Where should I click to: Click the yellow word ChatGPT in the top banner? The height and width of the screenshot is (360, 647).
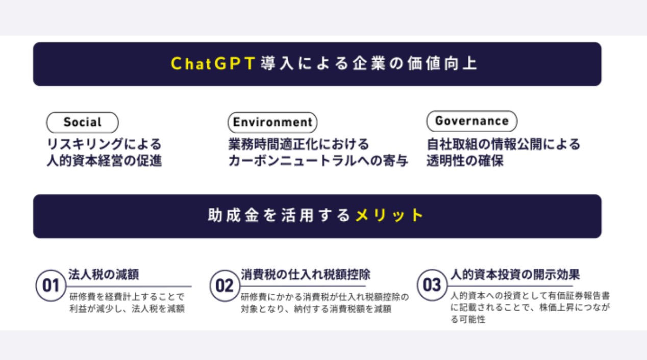(213, 64)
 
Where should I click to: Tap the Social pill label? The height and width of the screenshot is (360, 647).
(82, 122)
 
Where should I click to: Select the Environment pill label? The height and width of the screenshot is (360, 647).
(272, 122)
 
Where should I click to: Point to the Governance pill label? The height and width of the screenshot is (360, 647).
(471, 121)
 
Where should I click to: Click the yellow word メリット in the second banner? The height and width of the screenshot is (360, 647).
(389, 215)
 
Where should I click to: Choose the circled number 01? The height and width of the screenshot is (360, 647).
(51, 286)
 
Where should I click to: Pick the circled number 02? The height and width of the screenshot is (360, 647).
(225, 286)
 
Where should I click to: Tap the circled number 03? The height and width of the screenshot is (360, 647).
(432, 285)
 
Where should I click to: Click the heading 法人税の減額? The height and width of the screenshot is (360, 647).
(104, 274)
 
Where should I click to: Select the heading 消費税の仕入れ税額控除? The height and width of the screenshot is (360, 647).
(305, 274)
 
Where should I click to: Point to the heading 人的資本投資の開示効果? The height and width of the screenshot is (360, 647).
(515, 274)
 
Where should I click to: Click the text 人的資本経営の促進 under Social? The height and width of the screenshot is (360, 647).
(104, 161)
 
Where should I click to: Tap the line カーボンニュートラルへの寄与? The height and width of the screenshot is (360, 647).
(318, 161)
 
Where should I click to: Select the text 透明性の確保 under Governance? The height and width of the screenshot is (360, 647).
(465, 161)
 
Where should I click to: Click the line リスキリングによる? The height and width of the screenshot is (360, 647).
(104, 144)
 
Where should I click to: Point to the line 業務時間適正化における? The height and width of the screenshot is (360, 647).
(298, 144)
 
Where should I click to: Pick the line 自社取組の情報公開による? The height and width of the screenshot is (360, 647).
(504, 144)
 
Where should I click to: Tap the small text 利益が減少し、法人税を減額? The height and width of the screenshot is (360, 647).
(127, 308)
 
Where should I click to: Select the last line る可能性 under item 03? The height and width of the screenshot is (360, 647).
(468, 319)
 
